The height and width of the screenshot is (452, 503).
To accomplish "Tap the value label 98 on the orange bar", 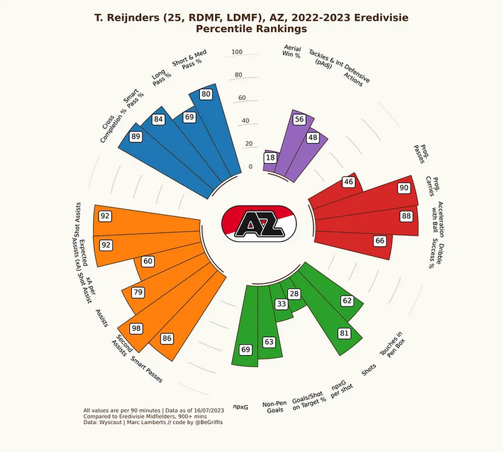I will pos(136,329).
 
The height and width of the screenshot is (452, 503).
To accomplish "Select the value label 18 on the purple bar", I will pos(270,158).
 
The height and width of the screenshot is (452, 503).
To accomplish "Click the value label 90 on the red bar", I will pos(404,188).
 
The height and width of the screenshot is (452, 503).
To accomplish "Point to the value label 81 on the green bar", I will pos(344,333).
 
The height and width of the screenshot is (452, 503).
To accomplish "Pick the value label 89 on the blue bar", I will pos(136,137).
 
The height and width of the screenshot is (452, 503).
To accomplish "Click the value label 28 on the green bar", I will pos(294,294).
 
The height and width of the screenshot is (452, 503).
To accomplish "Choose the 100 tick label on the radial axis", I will pos(237,52).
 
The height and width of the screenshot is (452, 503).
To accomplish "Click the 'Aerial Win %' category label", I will pos(292,51).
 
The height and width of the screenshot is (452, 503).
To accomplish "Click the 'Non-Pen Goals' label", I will pos(275,407).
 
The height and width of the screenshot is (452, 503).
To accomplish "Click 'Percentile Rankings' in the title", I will pos(251,29).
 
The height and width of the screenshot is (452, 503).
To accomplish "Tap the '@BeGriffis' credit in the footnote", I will pos(207,423).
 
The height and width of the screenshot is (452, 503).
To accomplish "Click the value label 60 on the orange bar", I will pos(147,261).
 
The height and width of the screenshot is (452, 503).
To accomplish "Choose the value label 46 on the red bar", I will pos(349,182).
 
